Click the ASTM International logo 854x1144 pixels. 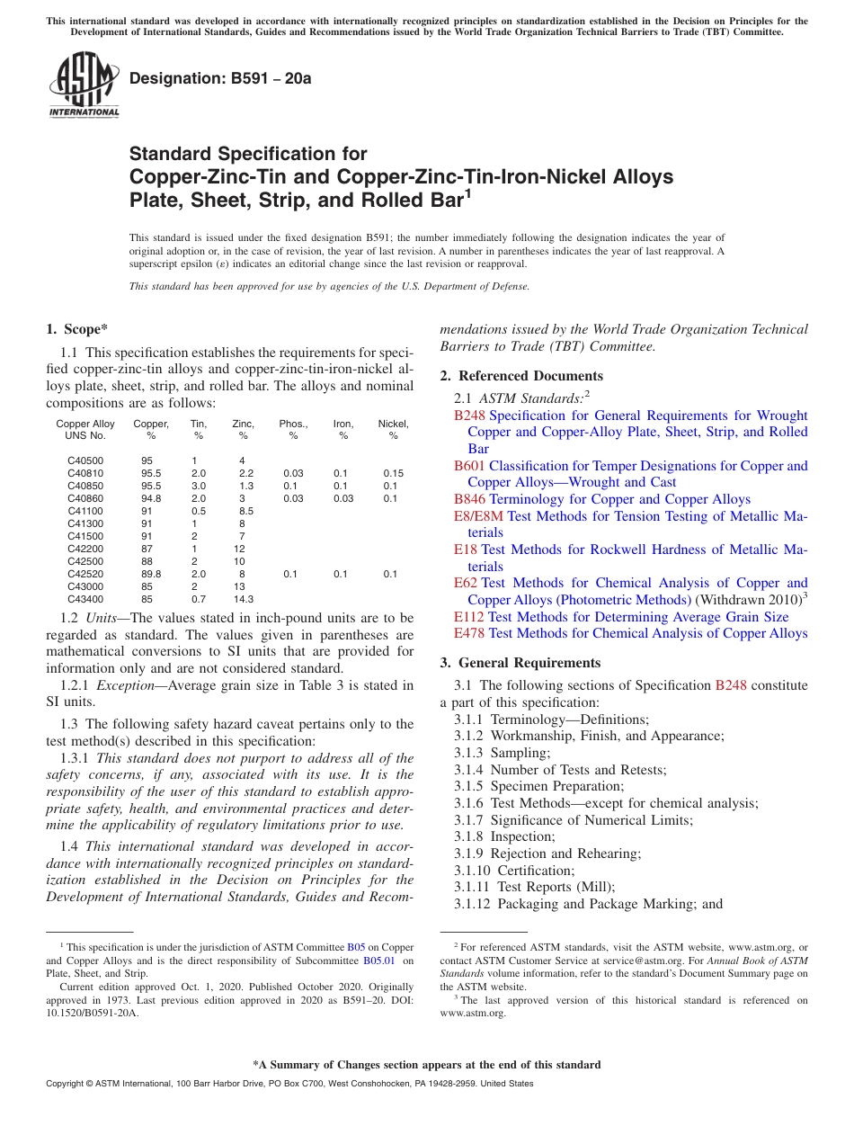84,85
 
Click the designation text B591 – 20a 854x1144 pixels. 220,79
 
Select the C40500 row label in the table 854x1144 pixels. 85,460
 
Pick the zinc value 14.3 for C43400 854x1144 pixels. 243,599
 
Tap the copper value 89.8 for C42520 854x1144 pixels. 151,574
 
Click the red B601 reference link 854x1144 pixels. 469,466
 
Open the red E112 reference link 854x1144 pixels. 468,617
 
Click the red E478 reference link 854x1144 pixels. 469,633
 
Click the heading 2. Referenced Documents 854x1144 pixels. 521,376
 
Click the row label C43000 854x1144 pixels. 85,586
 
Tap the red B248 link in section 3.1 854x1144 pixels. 731,685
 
